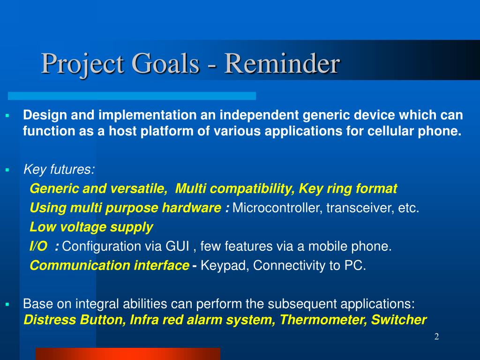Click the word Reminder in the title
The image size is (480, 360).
tap(282, 63)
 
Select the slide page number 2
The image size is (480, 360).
tap(436, 337)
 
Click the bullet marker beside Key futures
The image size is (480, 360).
tap(7, 170)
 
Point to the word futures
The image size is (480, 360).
tap(73, 169)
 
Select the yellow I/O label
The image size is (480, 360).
tap(38, 246)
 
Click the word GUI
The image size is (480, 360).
tap(177, 246)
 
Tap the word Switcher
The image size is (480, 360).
tap(399, 320)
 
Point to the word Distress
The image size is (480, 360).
tap(50, 320)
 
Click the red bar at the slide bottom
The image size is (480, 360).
tap(128, 354)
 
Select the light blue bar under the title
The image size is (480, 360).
tap(132, 96)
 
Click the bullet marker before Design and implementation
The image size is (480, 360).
tap(7, 116)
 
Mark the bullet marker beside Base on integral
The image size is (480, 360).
tap(7, 305)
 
